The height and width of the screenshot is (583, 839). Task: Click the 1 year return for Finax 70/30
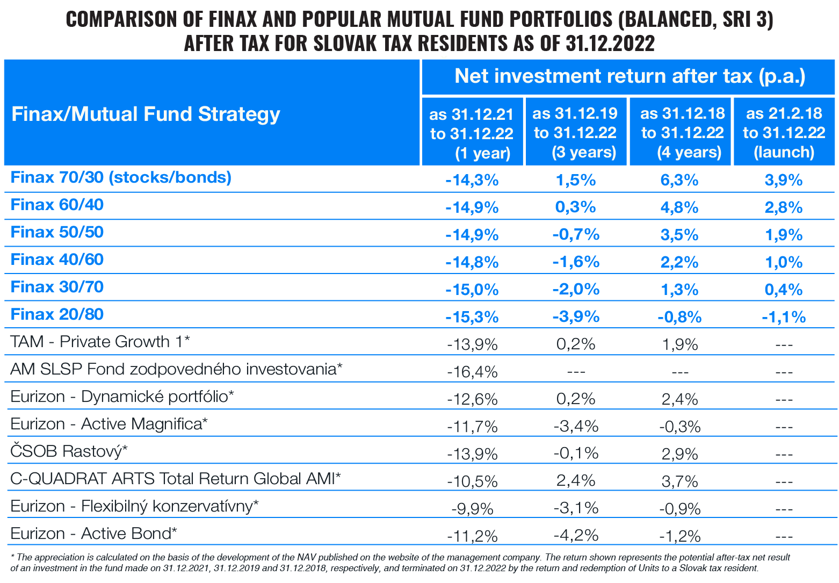pos(472,180)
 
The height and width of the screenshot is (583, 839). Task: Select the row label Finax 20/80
pos(57,314)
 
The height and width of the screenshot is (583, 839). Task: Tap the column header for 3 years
pos(575,133)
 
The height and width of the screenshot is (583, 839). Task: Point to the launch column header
pos(784,133)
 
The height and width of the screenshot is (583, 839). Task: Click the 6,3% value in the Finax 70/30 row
pos(679,180)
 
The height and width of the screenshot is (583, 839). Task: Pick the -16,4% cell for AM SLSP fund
pos(472,371)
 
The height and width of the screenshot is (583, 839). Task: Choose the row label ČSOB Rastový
pos(69,451)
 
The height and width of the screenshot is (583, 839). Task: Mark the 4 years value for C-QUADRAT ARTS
pos(679,480)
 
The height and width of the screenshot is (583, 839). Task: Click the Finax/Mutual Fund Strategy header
pos(146,114)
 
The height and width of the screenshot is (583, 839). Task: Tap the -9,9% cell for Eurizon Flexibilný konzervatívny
pos(472,508)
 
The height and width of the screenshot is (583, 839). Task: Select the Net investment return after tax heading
pos(630,76)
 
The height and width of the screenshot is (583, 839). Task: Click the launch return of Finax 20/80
pos(784,317)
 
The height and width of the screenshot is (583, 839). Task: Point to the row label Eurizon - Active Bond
pos(93,534)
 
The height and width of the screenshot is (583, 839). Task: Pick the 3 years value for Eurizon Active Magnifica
pos(575,426)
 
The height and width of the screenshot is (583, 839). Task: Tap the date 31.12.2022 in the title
pos(610,43)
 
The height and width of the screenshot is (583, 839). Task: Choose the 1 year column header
pos(472,133)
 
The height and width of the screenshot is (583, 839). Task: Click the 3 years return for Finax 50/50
pos(575,235)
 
